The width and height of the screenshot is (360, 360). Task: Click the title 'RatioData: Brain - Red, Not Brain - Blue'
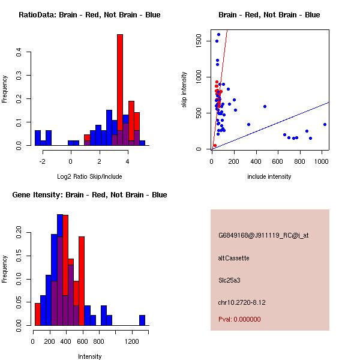(89, 15)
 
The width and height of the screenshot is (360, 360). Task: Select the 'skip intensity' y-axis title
(185, 90)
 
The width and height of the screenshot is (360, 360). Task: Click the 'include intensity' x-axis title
(269, 176)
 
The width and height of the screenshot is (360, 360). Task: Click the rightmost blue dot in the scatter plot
(325, 124)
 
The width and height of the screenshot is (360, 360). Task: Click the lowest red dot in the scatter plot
(215, 145)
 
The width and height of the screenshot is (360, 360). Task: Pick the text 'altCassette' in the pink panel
(233, 258)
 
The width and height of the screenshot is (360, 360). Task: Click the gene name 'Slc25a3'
(230, 280)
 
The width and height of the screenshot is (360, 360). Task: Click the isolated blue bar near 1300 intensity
(142, 320)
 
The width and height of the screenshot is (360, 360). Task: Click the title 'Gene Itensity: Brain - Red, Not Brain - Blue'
(89, 195)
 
